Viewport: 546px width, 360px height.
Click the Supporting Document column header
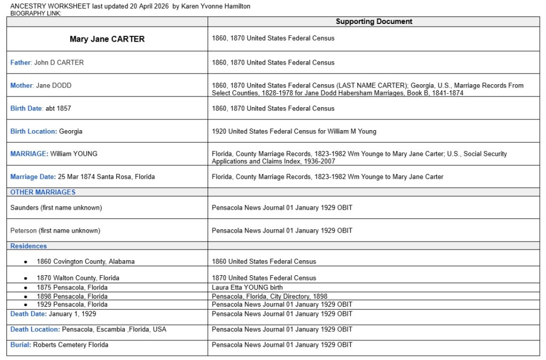374,22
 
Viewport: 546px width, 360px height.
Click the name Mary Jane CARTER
107,39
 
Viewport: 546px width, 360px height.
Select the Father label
20,62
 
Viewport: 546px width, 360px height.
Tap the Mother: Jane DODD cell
41,85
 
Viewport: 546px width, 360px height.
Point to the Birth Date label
26,108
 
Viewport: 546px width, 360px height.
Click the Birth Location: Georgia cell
46,131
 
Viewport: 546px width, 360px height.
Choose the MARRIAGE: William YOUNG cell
54,154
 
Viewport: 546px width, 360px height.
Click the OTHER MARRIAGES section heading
43,192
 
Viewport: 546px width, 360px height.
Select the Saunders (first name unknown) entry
56,207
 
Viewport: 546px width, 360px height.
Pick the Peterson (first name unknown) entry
55,230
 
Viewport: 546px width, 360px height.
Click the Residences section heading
29,246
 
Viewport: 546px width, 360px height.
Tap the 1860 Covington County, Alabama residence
85,261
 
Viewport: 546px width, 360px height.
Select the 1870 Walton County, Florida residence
78,278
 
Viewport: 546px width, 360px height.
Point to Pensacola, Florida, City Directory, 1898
269,296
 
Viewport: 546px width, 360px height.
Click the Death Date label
28,314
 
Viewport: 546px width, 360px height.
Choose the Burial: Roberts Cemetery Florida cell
59,345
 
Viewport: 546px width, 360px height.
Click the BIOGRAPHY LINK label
36,13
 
